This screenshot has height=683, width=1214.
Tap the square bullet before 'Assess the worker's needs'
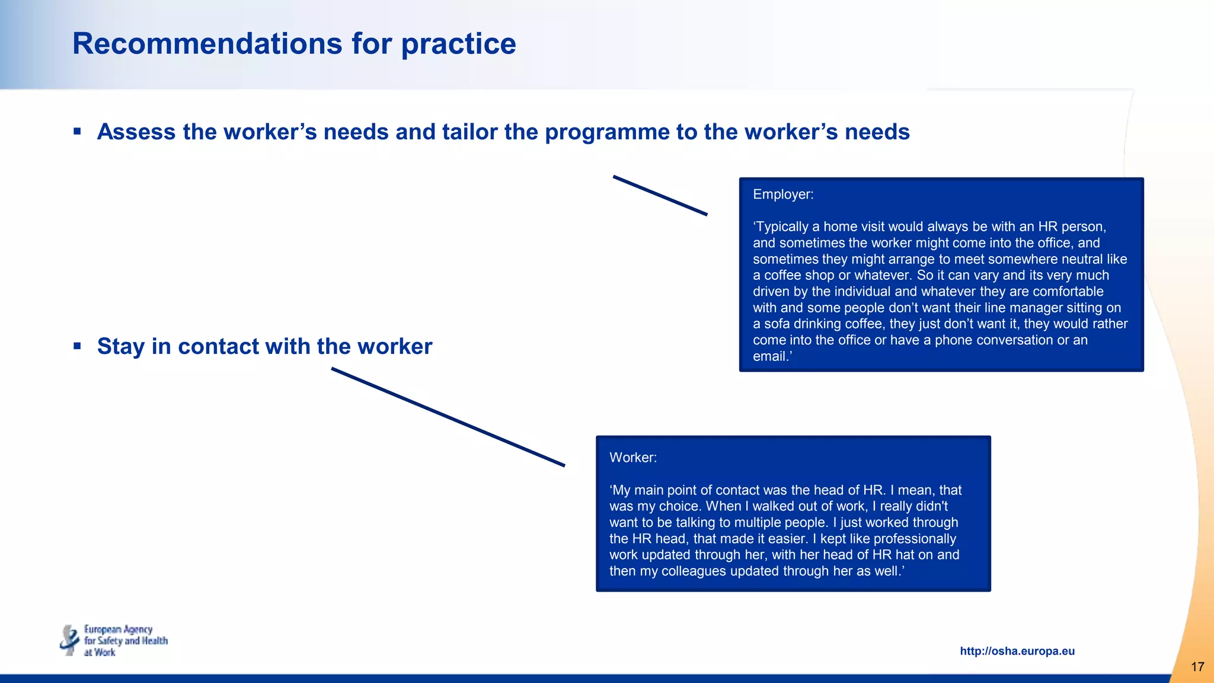[x=77, y=131]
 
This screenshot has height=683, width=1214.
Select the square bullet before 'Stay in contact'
[x=77, y=346]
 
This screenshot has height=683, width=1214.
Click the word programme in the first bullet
[x=606, y=132]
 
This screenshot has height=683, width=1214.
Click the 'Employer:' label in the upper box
[x=782, y=194]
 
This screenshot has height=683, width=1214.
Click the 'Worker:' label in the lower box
[x=632, y=458]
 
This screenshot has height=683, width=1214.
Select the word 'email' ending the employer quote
[x=769, y=356]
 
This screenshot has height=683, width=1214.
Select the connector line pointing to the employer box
[x=660, y=195]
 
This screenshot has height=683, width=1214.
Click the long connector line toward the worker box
[x=448, y=417]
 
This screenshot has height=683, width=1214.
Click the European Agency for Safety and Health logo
[x=114, y=640]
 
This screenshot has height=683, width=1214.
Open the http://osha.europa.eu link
[x=1017, y=651]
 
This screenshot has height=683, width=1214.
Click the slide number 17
[x=1197, y=667]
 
